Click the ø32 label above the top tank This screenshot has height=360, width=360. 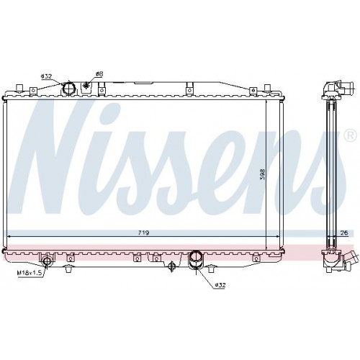tap(46, 76)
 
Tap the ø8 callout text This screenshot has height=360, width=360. tap(99, 74)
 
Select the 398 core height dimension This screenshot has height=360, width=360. tap(263, 174)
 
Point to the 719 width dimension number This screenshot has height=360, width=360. tap(143, 233)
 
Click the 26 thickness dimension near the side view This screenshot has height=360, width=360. tap(344, 233)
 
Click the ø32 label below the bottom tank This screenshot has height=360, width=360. tap(220, 285)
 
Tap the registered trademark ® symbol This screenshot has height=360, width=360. tap(351, 136)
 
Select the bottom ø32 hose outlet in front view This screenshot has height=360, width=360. tap(197, 258)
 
